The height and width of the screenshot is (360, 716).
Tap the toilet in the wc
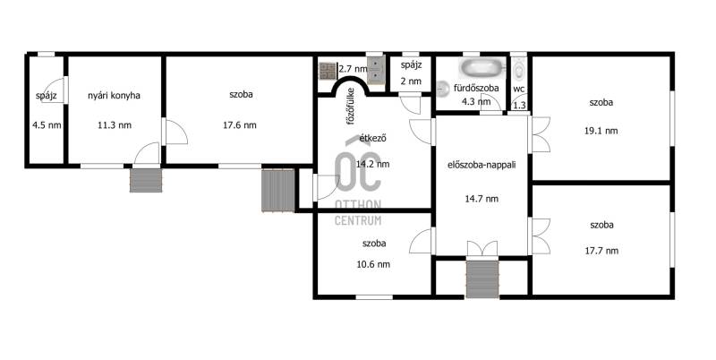[x=519, y=70]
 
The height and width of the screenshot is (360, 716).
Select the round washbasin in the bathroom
[x=443, y=89]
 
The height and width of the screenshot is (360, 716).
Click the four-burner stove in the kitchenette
[x=328, y=71]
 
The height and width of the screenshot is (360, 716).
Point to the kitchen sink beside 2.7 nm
[x=376, y=71]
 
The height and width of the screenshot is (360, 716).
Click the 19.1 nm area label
[x=601, y=131]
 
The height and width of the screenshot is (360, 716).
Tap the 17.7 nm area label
[x=601, y=251]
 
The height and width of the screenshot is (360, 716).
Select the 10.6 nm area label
[x=373, y=264]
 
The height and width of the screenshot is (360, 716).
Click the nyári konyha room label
[x=114, y=96]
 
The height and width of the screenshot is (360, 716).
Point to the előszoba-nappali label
[x=482, y=165]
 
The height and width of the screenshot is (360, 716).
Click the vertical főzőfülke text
[x=351, y=107]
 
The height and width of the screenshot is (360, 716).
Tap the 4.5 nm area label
[x=47, y=125]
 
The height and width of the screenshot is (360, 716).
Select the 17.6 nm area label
[x=240, y=125]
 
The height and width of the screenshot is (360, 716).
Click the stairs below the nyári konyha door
[x=146, y=180]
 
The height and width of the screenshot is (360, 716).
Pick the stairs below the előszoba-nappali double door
[x=482, y=279]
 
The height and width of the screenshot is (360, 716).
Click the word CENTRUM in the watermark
[x=358, y=220]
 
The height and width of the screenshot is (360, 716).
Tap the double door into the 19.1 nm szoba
[x=540, y=134]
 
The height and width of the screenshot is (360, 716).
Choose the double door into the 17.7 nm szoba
[x=540, y=236]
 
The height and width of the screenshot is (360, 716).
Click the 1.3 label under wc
[x=520, y=105]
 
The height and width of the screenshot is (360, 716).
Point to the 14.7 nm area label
[x=482, y=199]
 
